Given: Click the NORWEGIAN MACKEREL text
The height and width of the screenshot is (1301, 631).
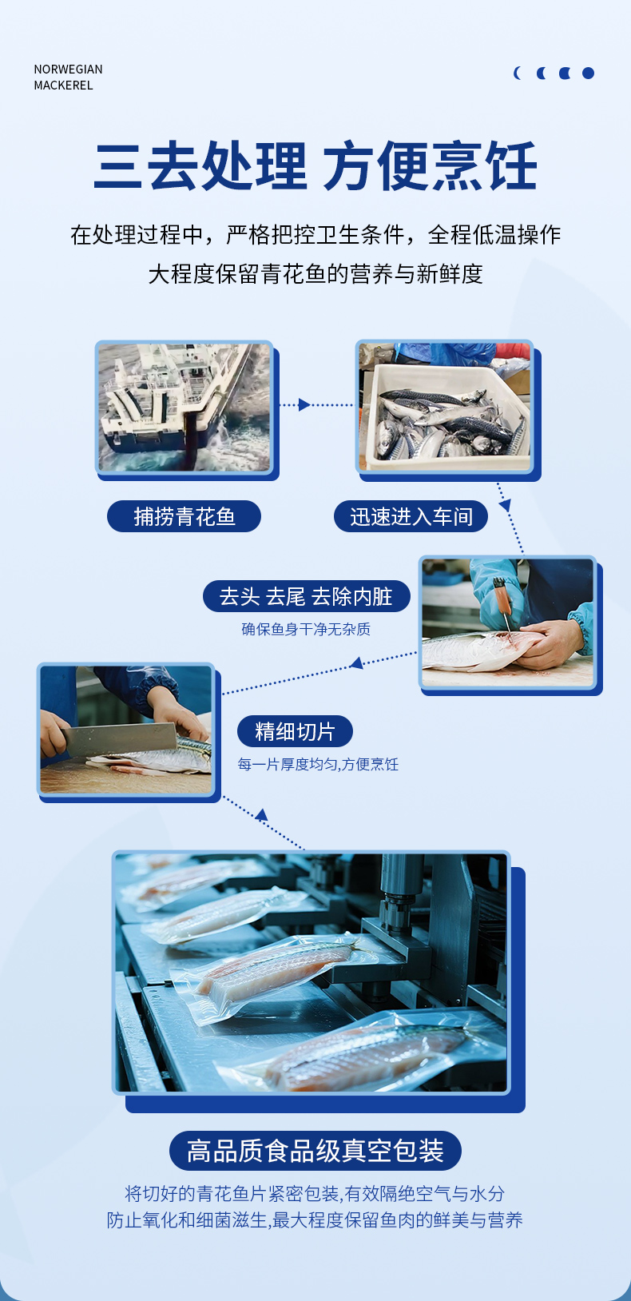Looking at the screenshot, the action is (68, 78).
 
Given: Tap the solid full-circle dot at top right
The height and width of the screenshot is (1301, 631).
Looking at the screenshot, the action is (588, 73).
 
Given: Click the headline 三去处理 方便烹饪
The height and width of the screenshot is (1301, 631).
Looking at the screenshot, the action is (315, 166).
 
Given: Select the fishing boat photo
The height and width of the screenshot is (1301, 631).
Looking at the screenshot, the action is (184, 407).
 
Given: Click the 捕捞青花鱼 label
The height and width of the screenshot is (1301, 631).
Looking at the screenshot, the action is (184, 516).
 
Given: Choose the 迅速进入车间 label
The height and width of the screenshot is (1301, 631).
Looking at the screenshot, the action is (411, 516).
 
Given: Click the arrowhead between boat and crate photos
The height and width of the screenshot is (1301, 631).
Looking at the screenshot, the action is (304, 405).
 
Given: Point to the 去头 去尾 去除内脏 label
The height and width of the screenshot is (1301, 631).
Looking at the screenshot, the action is (307, 596).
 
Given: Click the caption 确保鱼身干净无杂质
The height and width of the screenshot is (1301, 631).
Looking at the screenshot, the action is (306, 629).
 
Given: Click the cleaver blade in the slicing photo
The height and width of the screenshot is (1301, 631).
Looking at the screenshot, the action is (119, 737).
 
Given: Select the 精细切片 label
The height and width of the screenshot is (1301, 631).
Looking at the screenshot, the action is (295, 731).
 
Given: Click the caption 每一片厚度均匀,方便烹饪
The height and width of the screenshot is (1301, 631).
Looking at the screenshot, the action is (318, 764).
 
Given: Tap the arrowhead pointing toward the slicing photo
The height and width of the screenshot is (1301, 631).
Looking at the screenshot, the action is (357, 662).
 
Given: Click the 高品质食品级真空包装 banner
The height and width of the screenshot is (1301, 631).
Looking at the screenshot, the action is (315, 1151).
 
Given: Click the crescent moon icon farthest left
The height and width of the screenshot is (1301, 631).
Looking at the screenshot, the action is (518, 73).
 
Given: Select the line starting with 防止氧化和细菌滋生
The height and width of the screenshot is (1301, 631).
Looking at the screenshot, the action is (315, 1219).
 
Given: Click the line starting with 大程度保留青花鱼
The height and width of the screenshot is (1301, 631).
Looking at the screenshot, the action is (315, 273).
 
